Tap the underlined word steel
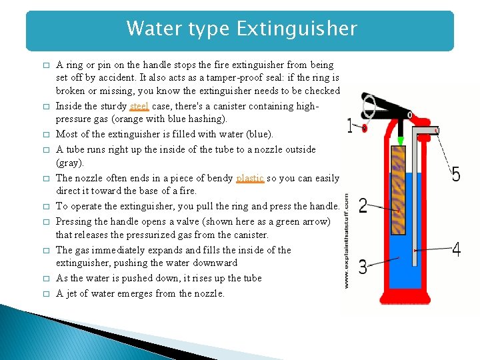click(x=139, y=106)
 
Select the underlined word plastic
click(x=250, y=178)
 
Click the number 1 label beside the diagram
click(x=351, y=125)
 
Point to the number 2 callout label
click(x=363, y=205)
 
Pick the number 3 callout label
click(x=362, y=268)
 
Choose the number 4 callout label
click(x=456, y=250)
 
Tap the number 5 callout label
click(x=456, y=175)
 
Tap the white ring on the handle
click(x=369, y=103)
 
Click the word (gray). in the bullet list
click(x=70, y=163)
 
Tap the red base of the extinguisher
click(x=406, y=293)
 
